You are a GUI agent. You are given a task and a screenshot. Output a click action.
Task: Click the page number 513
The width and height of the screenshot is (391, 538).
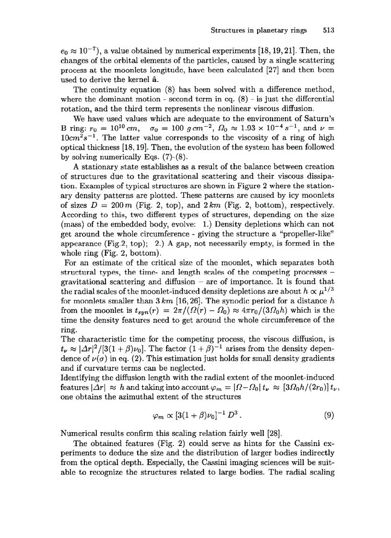[328, 30]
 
